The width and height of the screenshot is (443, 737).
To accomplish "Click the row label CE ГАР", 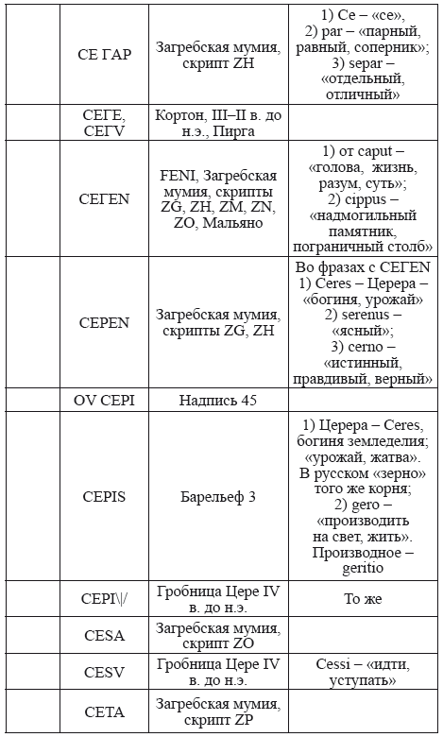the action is pos(104,54).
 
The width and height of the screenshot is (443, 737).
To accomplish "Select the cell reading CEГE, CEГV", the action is pos(104,123).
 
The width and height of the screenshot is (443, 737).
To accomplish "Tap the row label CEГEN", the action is pos(104,199).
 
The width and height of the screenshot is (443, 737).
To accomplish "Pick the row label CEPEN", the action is pos(104,322).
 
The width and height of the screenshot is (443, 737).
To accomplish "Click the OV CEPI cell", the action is pos(104,400).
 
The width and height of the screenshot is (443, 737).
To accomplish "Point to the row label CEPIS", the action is pos(104,495).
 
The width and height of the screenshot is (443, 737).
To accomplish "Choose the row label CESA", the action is pos(104,634).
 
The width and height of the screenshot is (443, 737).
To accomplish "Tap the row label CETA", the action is pos(104,711).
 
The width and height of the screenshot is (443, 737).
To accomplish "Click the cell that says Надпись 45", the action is pos(217,400).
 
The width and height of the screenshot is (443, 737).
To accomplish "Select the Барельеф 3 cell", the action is pos(217,495).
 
